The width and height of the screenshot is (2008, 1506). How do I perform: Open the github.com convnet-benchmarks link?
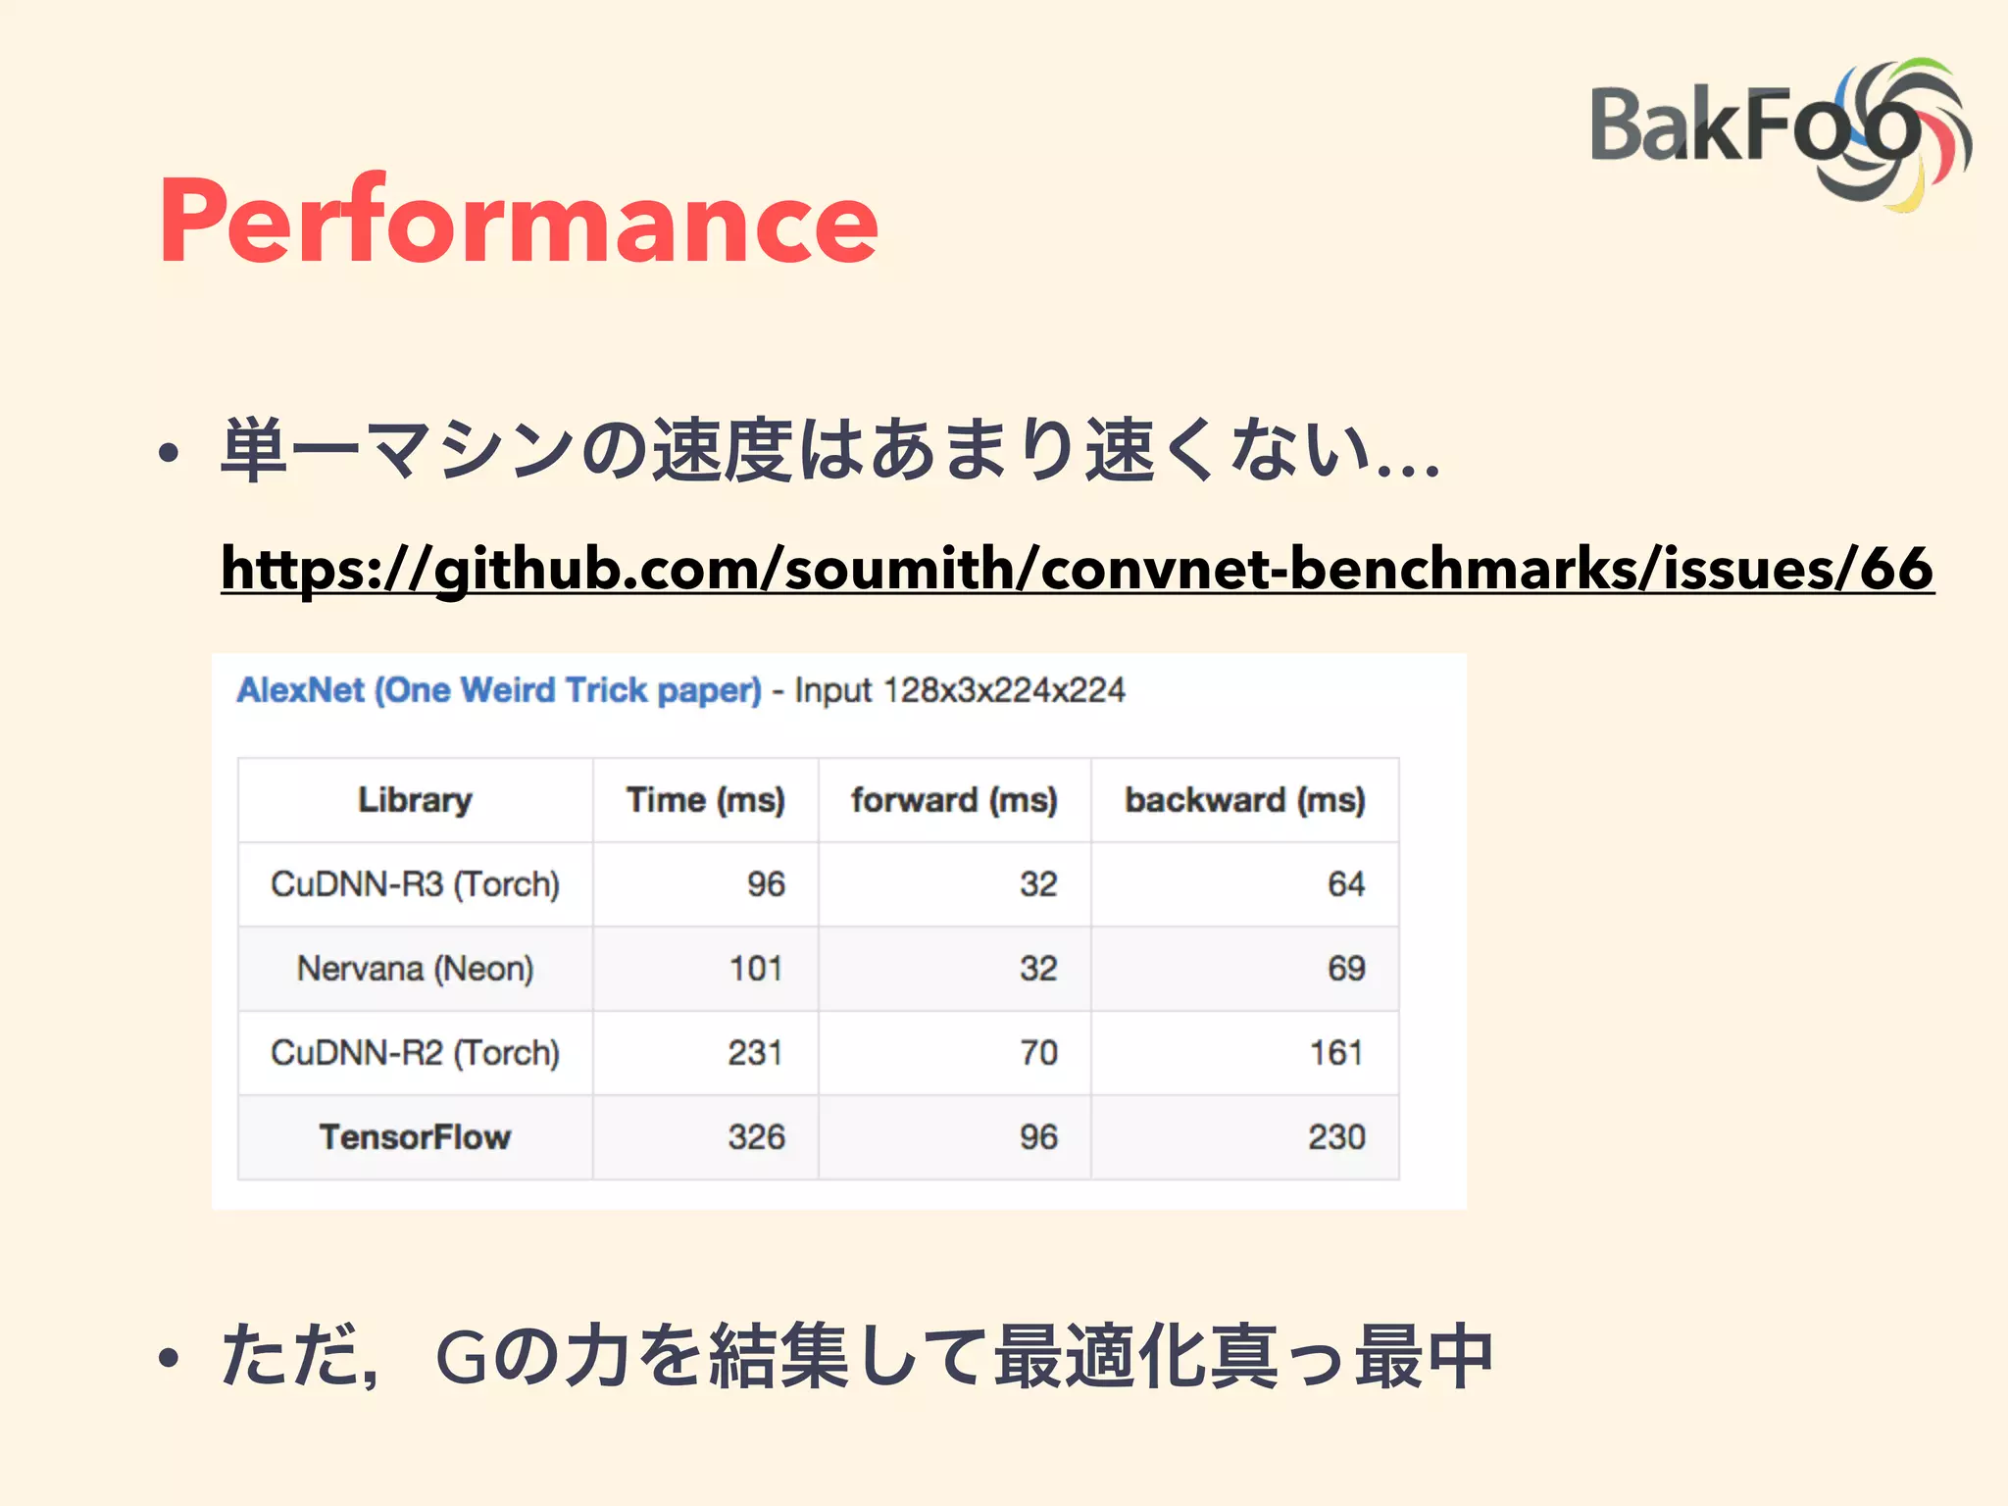[x=1077, y=569]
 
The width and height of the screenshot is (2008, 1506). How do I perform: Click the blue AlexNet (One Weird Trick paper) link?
[x=499, y=690]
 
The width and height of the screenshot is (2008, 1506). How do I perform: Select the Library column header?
[x=415, y=800]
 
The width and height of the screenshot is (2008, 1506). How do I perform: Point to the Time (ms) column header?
[x=705, y=800]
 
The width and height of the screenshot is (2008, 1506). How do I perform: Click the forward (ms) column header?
[x=954, y=800]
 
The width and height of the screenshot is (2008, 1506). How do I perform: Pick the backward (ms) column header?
[x=1244, y=800]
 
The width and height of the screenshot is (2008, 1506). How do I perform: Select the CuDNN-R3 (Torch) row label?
[x=415, y=884]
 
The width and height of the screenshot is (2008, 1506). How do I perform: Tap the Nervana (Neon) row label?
[x=415, y=969]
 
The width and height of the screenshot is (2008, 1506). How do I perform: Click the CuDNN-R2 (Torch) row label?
[x=415, y=1053]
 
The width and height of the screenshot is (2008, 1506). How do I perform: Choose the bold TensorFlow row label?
[x=415, y=1137]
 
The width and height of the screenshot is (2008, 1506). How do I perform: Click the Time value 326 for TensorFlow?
[x=756, y=1137]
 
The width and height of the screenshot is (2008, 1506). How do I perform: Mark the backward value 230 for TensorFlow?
[x=1336, y=1137]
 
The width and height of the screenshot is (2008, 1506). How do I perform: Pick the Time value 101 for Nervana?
[x=756, y=969]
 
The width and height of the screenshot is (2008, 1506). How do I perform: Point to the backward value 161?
[x=1336, y=1053]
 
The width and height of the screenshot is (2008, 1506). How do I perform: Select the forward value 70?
[x=1038, y=1053]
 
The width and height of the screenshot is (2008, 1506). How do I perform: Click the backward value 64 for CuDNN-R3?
[x=1346, y=884]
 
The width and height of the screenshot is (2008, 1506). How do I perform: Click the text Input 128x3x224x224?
[x=960, y=690]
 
